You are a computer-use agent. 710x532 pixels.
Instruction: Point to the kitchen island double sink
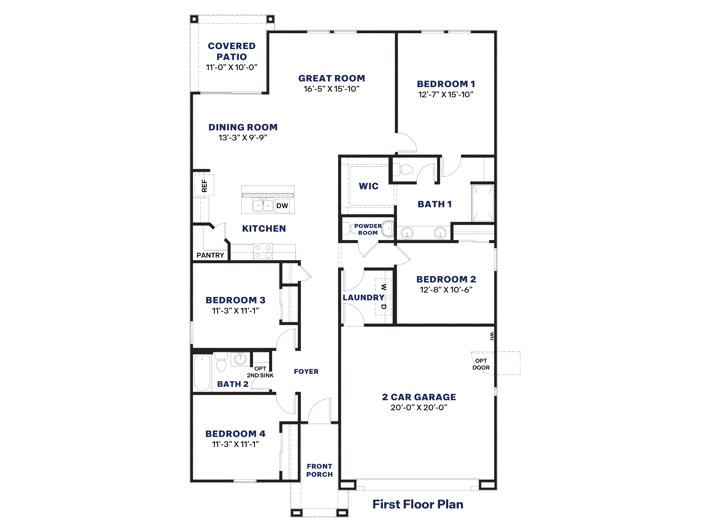263,205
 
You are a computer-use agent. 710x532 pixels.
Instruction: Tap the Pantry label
210,255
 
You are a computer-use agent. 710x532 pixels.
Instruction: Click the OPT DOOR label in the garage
481,364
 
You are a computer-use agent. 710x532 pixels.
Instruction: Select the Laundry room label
363,298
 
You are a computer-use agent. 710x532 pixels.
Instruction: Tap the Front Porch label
319,470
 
